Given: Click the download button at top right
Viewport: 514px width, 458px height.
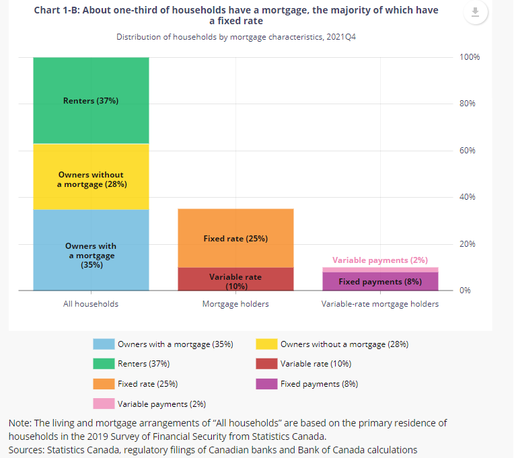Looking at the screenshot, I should (x=475, y=13).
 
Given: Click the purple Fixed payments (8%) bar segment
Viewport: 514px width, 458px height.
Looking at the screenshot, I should (x=380, y=281).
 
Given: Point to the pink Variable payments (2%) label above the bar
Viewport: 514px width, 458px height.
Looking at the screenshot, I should (x=380, y=260).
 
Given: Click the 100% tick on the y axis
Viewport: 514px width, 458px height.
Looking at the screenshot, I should (x=470, y=57).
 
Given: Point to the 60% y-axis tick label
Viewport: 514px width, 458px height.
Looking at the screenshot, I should (x=468, y=151).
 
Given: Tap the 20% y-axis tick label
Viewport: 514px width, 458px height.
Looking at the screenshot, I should (x=468, y=243).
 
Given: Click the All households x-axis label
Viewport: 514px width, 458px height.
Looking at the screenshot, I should (x=91, y=304).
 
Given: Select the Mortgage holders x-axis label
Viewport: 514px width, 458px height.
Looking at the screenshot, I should (x=235, y=304).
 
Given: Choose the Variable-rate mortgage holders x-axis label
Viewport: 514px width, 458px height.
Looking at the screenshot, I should (x=380, y=304).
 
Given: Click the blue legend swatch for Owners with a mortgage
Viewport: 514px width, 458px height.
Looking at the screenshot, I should (x=104, y=344).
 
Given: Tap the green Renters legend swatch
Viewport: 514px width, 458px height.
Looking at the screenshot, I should (x=104, y=364).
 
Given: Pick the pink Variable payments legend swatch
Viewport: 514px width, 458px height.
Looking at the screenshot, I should (x=104, y=404).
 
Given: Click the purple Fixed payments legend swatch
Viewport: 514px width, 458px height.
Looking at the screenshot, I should (x=266, y=384).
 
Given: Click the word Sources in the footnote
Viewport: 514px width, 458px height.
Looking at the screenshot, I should (x=25, y=449).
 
